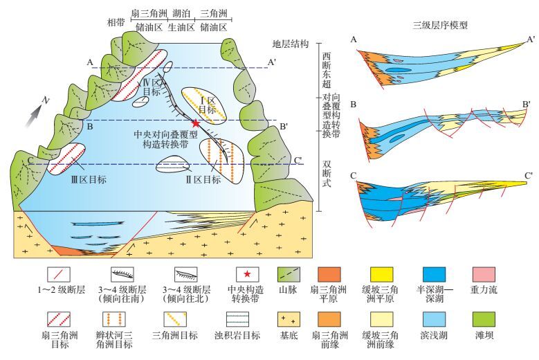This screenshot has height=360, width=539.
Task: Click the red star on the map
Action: [x=196, y=123]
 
